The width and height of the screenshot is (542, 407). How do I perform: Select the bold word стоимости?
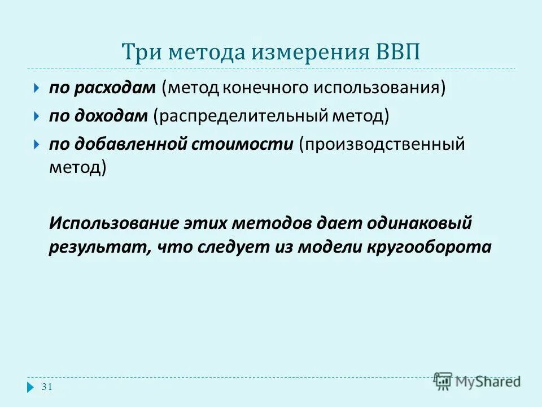click(x=243, y=144)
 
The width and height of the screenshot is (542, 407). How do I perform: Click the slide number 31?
click(x=47, y=387)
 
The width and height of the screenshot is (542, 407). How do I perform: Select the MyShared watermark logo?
click(x=477, y=381)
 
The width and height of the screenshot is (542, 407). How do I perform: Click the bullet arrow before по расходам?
click(x=36, y=89)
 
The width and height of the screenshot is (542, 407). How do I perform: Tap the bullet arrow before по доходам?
click(x=36, y=116)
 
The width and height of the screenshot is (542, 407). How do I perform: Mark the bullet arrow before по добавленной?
click(x=36, y=144)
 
